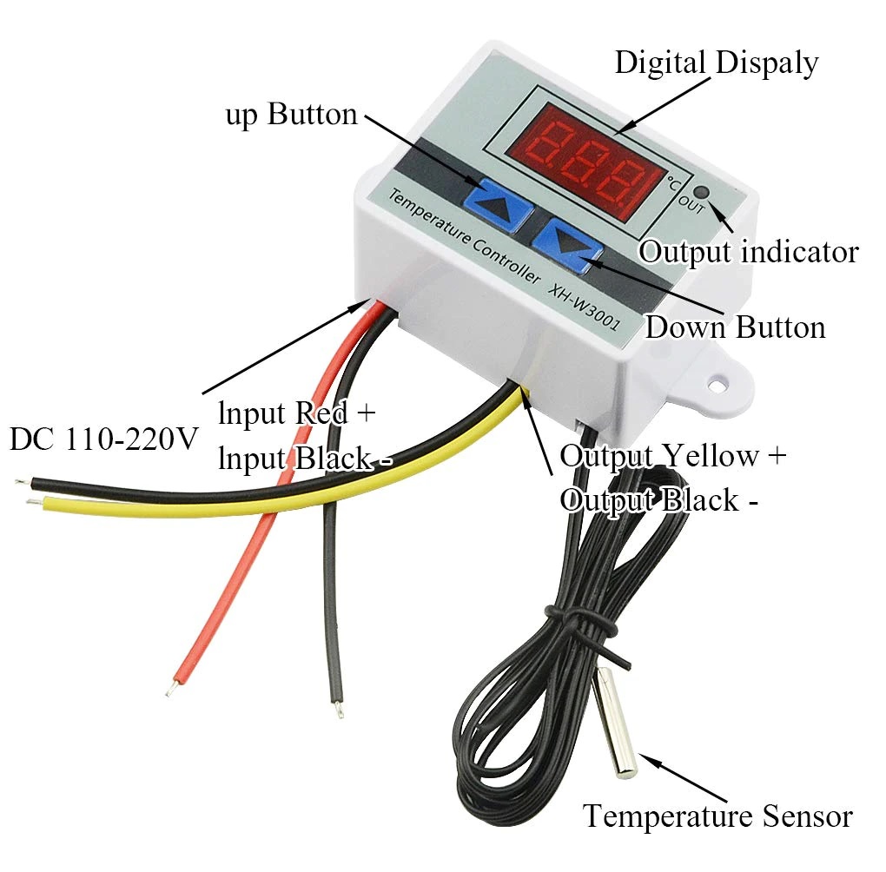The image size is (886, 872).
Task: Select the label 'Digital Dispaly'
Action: (716, 63)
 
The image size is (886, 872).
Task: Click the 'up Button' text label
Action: (291, 115)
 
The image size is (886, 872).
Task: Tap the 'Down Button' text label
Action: (735, 327)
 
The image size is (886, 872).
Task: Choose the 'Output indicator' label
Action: (749, 252)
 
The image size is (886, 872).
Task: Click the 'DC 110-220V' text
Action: (104, 439)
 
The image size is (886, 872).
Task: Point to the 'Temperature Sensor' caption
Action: (717, 816)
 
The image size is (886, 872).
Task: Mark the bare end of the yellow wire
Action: (32, 501)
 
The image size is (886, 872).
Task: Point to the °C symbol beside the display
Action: (674, 183)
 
